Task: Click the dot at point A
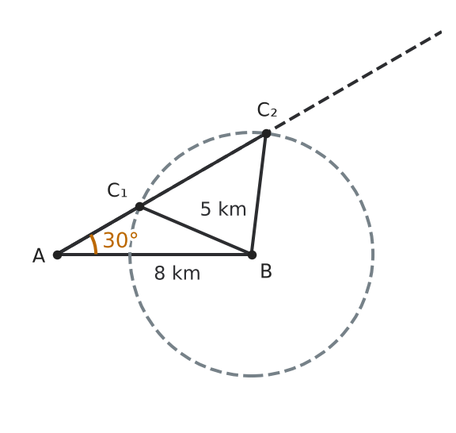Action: tap(58, 255)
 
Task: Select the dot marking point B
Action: tap(252, 255)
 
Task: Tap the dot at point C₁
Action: tap(139, 207)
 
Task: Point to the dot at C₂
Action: tap(266, 134)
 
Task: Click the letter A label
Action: tap(39, 256)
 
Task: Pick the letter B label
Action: tap(266, 271)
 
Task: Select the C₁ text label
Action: tap(117, 190)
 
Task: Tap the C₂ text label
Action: tap(267, 110)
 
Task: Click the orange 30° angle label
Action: tap(120, 240)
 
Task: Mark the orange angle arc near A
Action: tap(95, 244)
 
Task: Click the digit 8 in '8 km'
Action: tap(160, 273)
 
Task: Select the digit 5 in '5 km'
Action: tap(206, 209)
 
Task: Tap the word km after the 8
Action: tap(186, 273)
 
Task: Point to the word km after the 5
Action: tap(232, 209)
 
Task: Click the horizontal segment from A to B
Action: tap(154, 255)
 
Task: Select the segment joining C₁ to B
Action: tap(196, 231)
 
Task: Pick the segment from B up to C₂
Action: tap(259, 194)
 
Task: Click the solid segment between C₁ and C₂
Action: tap(203, 171)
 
